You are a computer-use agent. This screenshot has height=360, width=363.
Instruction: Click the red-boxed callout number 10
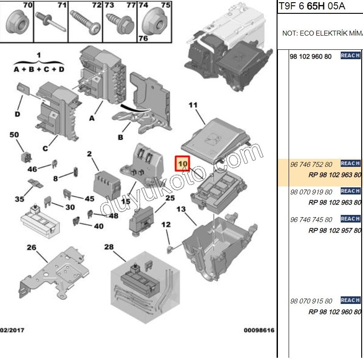pos(183,164)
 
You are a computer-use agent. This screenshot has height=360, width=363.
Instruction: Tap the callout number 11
pos(192,105)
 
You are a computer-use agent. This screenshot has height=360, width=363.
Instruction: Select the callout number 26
pos(31,247)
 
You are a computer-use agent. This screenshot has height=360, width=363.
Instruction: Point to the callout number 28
pos(109,247)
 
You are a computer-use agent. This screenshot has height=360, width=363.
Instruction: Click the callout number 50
pos(14,135)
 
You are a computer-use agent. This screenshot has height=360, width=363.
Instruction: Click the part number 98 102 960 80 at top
pos(310,57)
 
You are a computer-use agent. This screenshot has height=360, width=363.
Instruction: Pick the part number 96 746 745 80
pos(311,220)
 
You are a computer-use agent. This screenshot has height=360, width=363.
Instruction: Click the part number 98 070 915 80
pos(311,301)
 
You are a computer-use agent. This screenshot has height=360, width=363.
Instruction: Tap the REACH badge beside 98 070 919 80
pos(350,191)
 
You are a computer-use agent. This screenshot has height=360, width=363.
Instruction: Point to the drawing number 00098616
pos(259,331)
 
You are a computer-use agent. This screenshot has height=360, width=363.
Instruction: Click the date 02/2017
pos(12,331)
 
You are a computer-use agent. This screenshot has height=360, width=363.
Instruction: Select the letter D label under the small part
pos(17,114)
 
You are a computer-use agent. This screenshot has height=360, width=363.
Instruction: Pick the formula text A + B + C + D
pos(39,69)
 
